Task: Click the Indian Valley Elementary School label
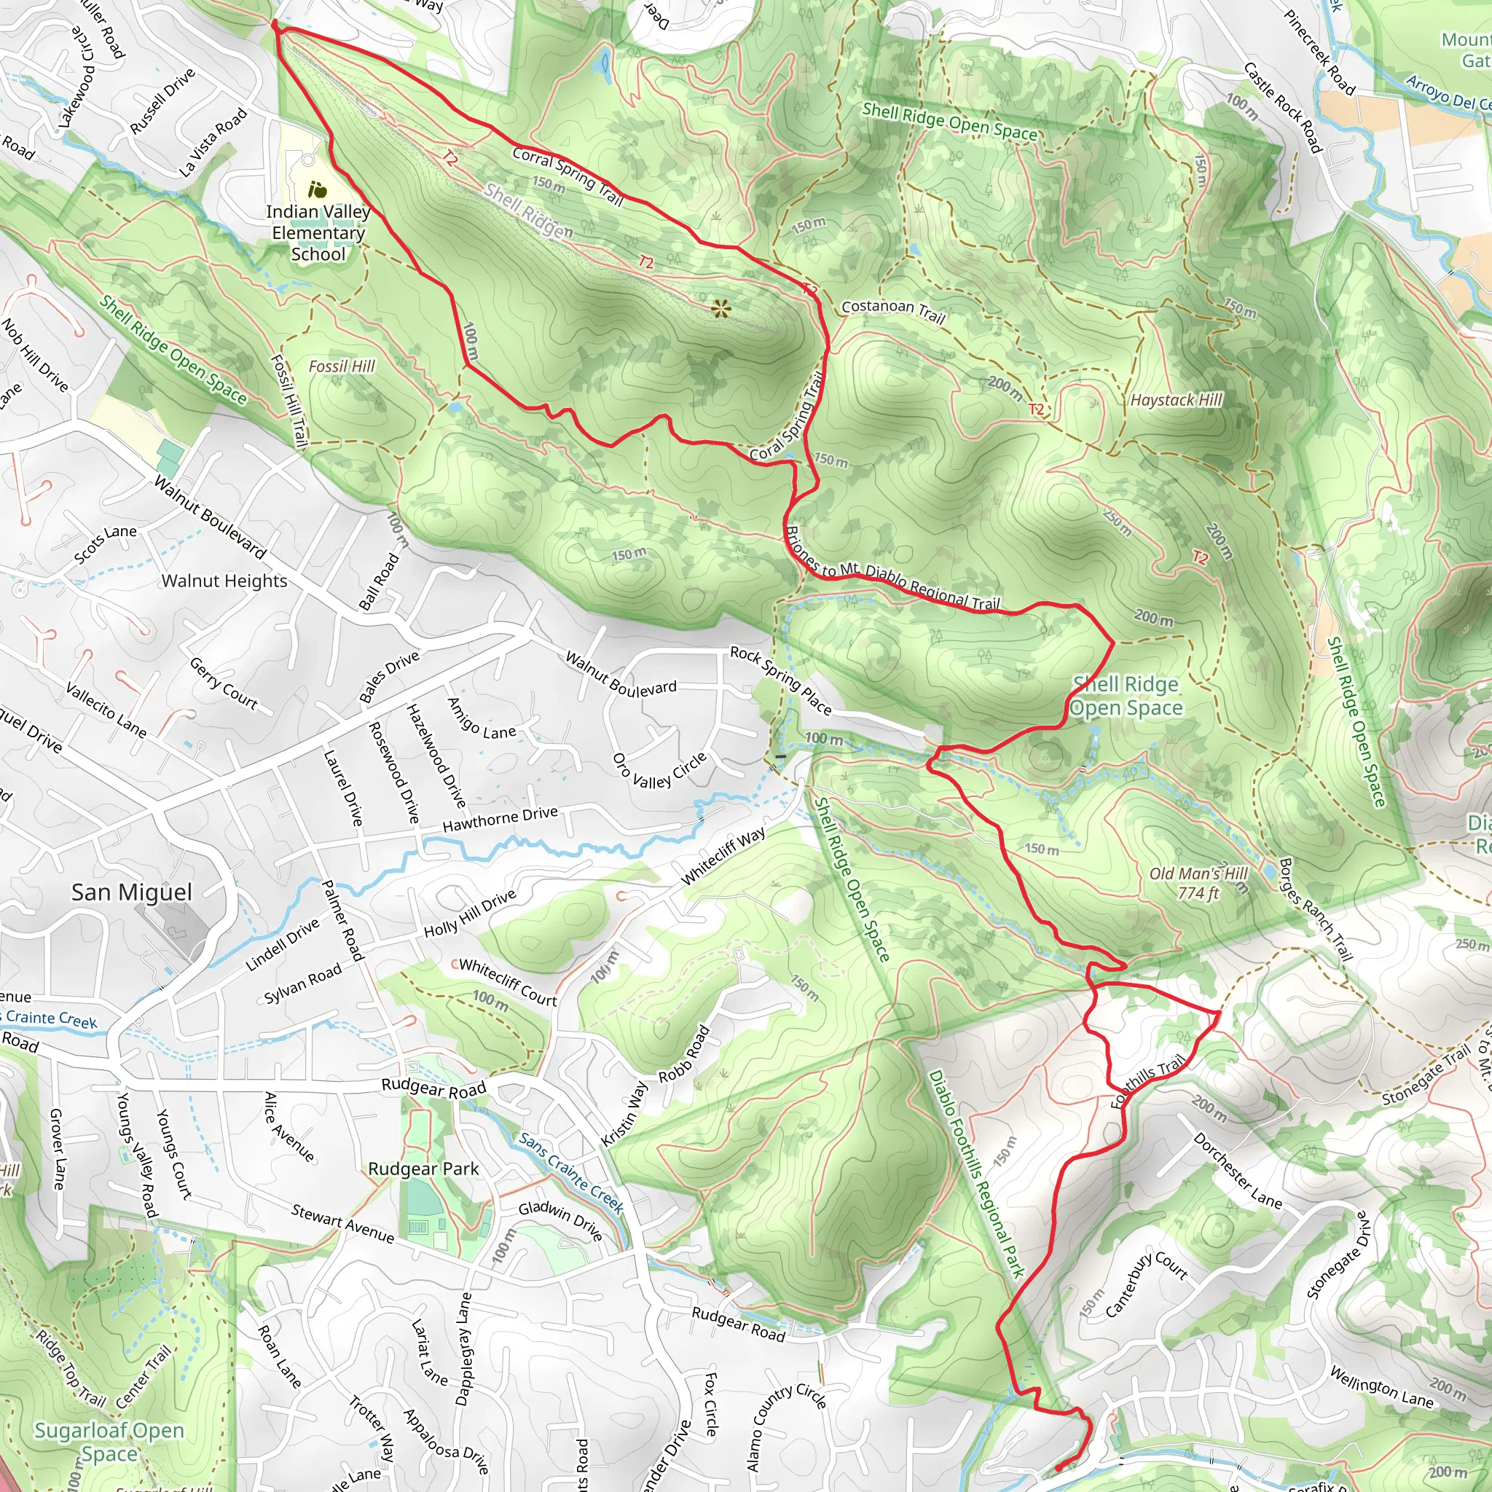click(x=318, y=232)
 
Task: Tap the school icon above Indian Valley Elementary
click(x=317, y=189)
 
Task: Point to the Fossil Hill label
click(x=342, y=366)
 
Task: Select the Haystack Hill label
click(x=1176, y=399)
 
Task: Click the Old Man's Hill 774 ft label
click(x=1198, y=884)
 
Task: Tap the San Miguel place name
click(x=131, y=892)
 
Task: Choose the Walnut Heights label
click(x=224, y=581)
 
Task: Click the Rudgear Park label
click(x=423, y=1169)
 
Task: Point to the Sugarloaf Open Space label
click(x=109, y=1442)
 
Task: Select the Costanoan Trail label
click(x=892, y=310)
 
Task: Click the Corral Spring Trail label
click(x=568, y=176)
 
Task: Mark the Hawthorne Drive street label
click(x=500, y=820)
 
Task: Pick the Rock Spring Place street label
click(x=781, y=680)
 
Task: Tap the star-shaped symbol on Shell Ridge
click(x=721, y=310)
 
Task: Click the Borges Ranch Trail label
click(x=1315, y=908)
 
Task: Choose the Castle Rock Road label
click(x=1283, y=108)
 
